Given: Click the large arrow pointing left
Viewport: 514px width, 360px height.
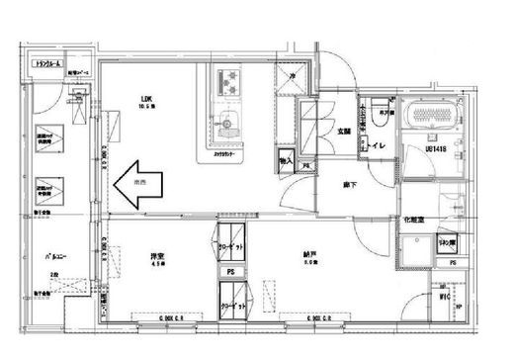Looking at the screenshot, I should click(135, 184).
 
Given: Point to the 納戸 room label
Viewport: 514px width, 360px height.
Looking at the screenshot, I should click(309, 255).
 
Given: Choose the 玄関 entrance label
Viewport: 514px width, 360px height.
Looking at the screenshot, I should click(345, 131).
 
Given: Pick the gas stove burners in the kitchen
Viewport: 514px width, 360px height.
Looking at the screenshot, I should click(229, 78).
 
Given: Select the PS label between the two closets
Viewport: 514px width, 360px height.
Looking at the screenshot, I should click(229, 271).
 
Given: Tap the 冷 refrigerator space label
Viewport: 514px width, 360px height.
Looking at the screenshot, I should click(295, 75).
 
